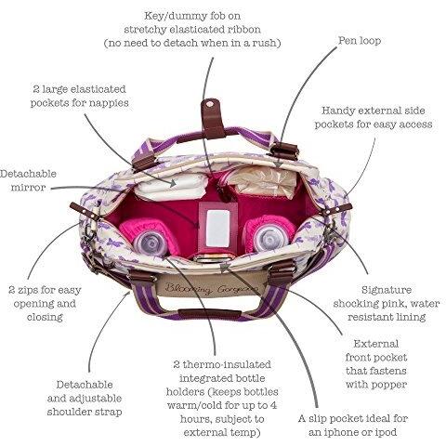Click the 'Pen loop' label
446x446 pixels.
point(360,41)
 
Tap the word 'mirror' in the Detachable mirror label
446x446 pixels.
point(28,188)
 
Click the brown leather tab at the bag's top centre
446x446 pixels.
point(213,119)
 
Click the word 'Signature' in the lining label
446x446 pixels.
point(387,290)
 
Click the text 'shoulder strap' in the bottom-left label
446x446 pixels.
point(85,413)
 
